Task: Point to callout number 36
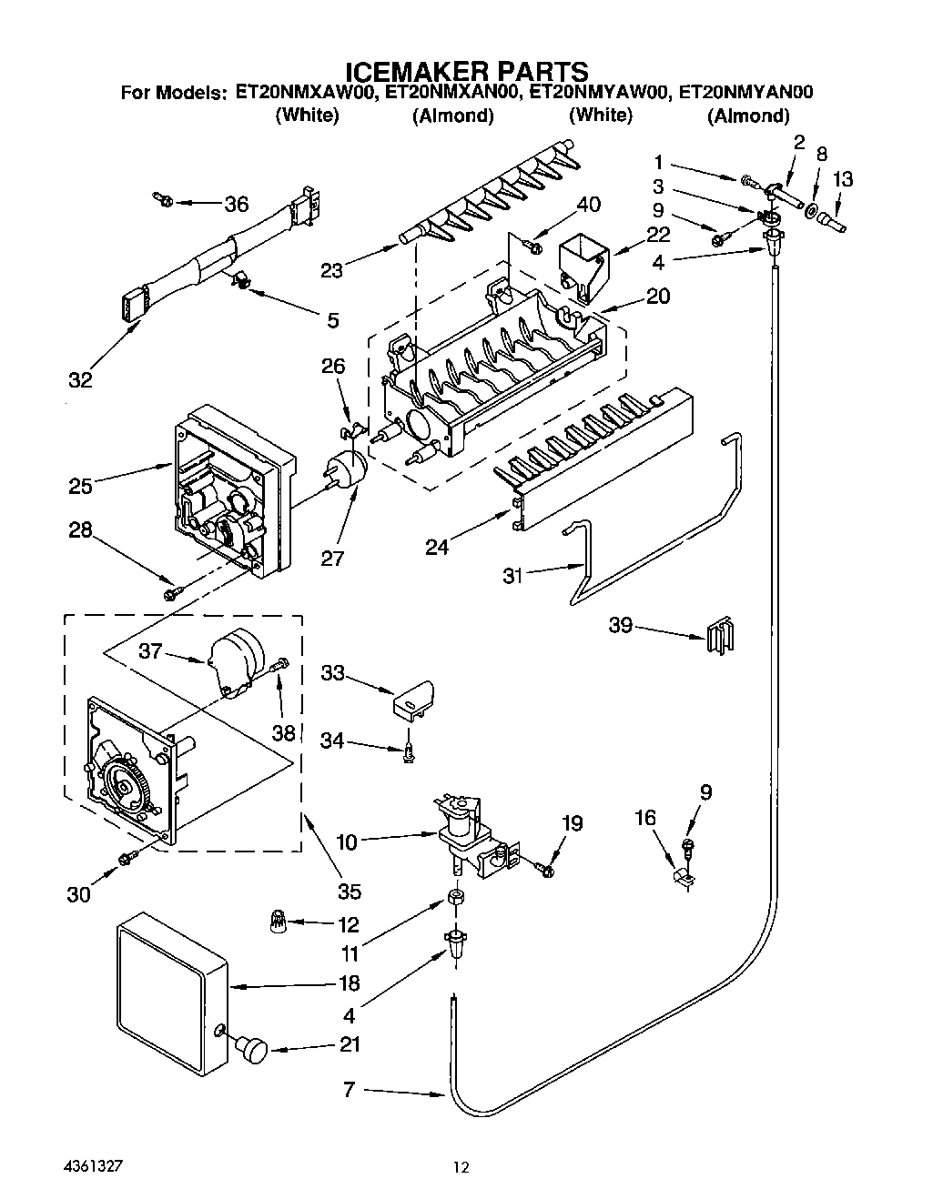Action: [237, 204]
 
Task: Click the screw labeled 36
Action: [163, 197]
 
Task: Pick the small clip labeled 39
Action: [719, 635]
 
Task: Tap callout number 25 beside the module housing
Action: [80, 486]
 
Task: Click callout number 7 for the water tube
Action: [349, 1089]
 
